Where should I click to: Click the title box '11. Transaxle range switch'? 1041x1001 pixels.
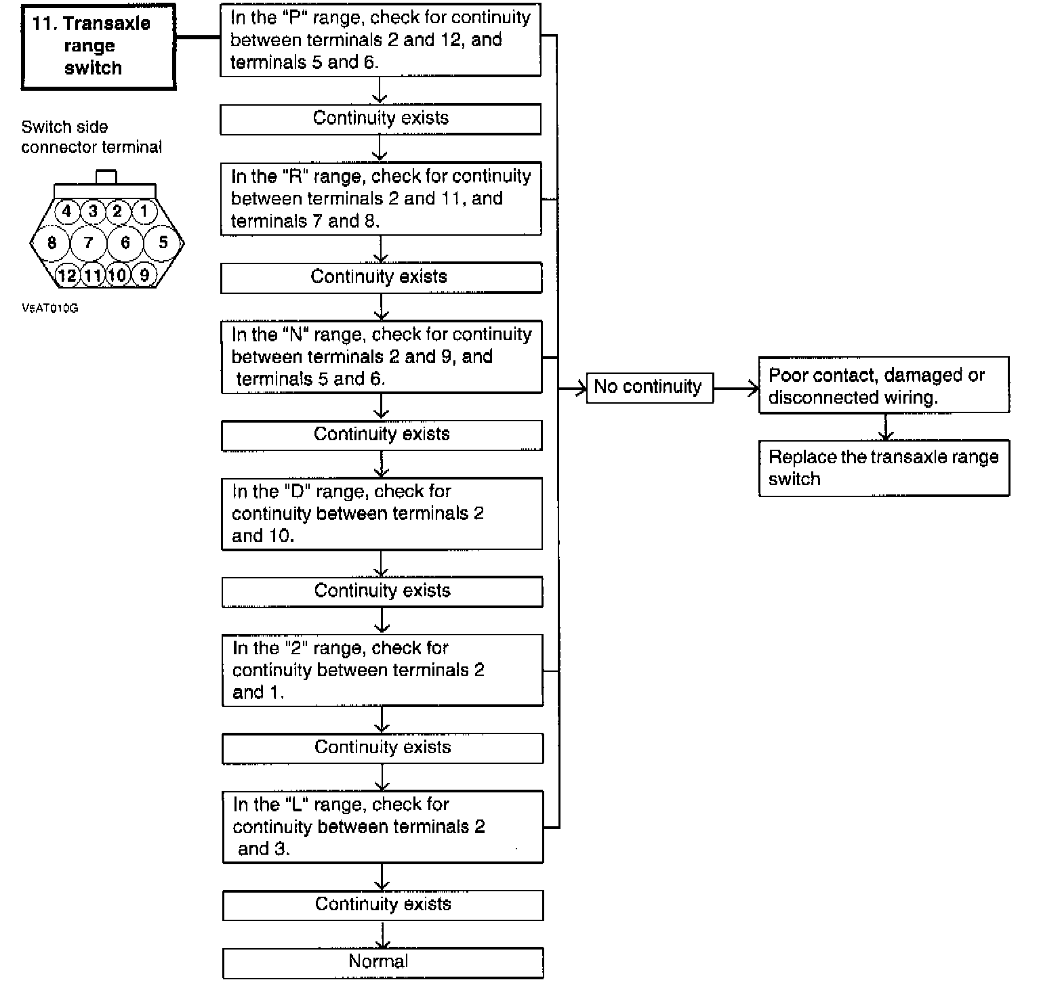pos(98,46)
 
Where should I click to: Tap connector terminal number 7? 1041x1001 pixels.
pos(88,242)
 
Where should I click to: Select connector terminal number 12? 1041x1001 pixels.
pos(67,275)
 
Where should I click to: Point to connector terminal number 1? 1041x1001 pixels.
pos(144,211)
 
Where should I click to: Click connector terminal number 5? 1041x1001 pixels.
pos(163,242)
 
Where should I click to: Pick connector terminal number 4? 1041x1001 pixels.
pos(66,211)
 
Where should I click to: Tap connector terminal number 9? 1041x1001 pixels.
pos(144,275)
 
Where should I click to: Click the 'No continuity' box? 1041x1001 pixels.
pos(649,387)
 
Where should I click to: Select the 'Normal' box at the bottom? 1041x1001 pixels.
pos(383,962)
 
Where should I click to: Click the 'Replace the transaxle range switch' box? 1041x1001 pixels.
pos(884,468)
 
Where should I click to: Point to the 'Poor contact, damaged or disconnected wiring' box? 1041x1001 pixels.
pos(884,385)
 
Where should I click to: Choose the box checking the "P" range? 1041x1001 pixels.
pos(380,40)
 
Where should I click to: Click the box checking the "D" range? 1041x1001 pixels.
pos(382,513)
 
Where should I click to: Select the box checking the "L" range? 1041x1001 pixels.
pos(383,826)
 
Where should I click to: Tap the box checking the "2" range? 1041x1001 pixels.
pos(382,670)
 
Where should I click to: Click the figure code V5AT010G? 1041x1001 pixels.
pos(50,308)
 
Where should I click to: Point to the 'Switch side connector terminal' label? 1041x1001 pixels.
pos(91,137)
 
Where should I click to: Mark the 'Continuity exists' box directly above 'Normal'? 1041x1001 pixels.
pos(383,905)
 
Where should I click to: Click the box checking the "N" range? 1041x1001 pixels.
pos(382,357)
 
